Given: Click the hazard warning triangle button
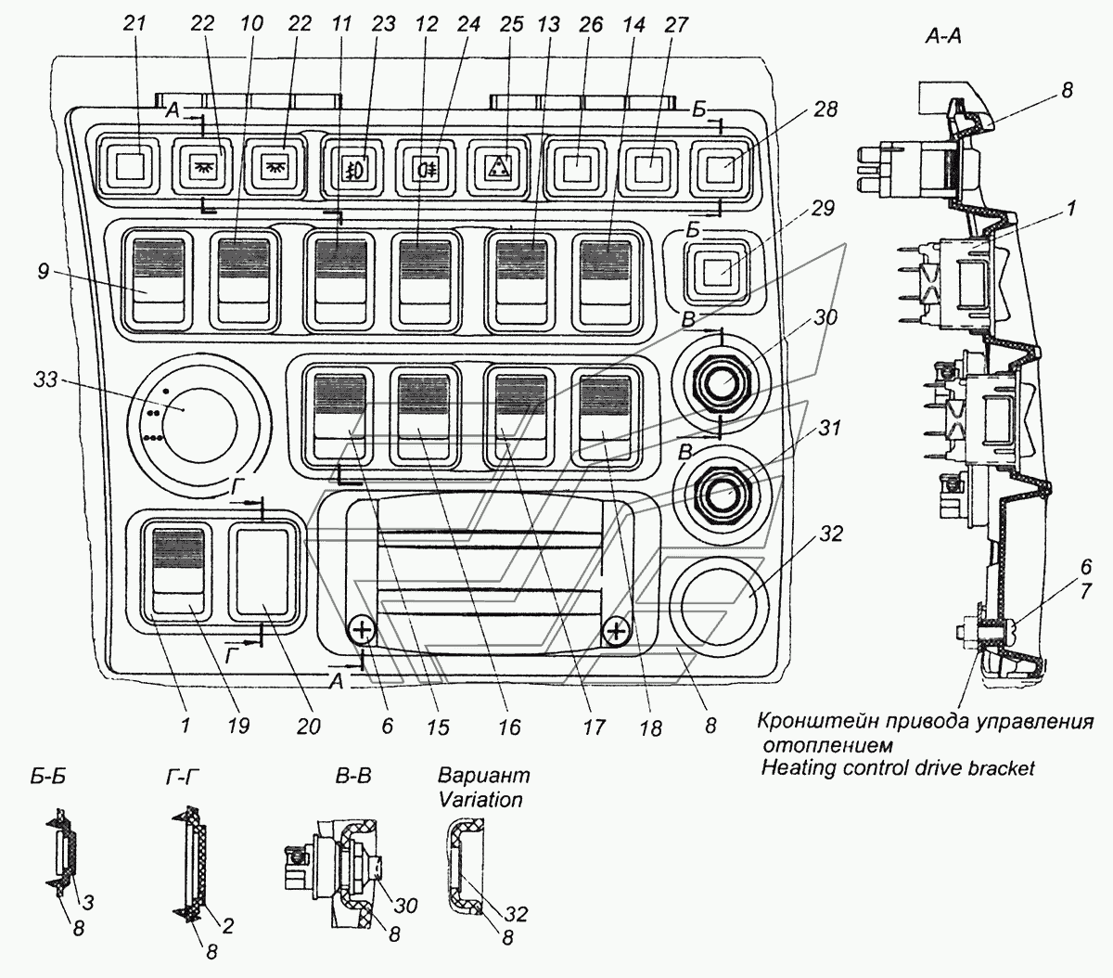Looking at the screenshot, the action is click(x=499, y=168).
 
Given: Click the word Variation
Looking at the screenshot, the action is click(x=480, y=799).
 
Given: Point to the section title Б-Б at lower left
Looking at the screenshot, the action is click(x=46, y=777).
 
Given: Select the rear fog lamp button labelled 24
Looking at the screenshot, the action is click(x=425, y=168).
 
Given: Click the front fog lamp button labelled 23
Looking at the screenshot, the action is click(x=352, y=168).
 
